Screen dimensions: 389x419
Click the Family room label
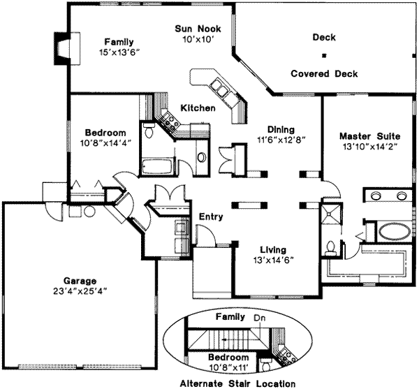[x=119, y=41]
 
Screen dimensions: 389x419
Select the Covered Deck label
[x=324, y=73]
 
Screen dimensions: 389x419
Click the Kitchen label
[x=198, y=108]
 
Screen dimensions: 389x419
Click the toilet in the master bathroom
[x=332, y=247]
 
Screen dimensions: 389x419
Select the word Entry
[x=211, y=216]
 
